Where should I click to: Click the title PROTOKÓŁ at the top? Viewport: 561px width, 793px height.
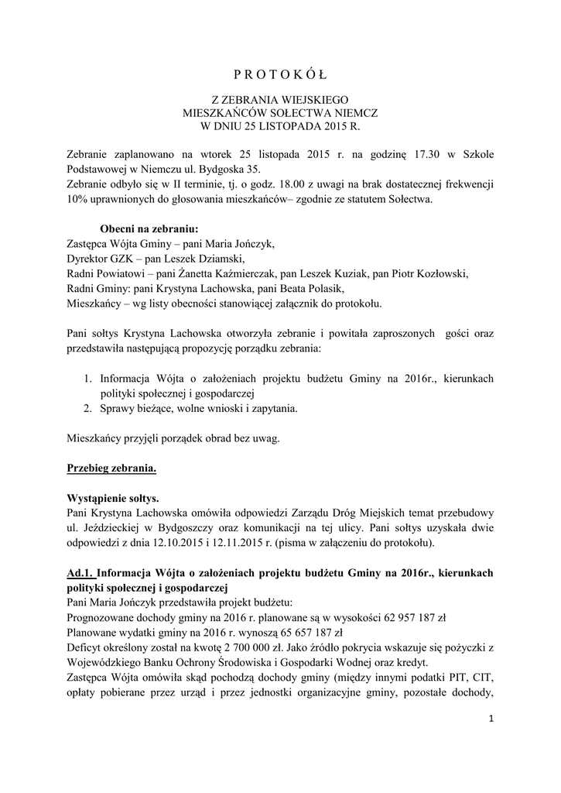coord(280,74)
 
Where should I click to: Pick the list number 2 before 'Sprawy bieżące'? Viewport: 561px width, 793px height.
coord(87,407)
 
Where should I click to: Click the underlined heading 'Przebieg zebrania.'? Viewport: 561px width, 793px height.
coord(112,469)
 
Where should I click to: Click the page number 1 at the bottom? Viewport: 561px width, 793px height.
coord(491,719)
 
